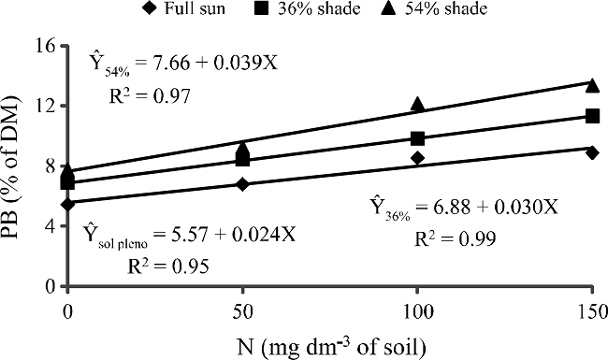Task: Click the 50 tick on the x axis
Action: coord(243,309)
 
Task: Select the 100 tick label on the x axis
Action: coord(417,309)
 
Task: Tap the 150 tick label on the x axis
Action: coord(592,309)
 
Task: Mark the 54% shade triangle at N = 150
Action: coord(592,84)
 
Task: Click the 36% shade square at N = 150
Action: coord(592,116)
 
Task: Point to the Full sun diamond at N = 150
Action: coord(592,152)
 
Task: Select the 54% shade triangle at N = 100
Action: coord(417,104)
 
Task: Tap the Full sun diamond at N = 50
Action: coord(243,184)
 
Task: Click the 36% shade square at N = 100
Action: coord(417,138)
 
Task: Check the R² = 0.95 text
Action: coord(166,266)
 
